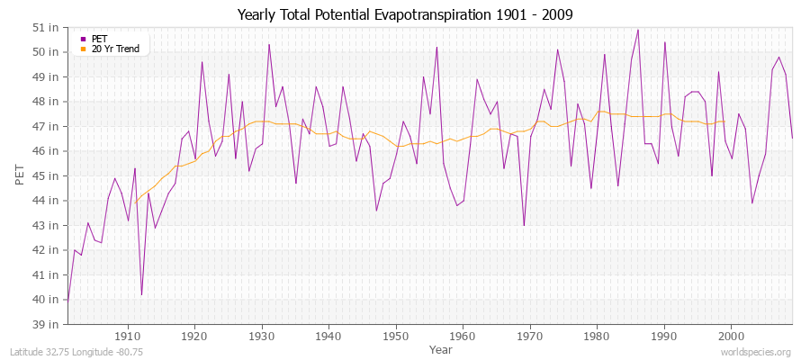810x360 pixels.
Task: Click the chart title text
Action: [405, 14]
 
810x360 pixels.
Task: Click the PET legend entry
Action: [99, 39]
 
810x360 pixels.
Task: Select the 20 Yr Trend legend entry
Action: [115, 49]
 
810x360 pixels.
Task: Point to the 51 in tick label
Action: [48, 27]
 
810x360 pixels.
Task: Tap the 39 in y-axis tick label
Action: [48, 324]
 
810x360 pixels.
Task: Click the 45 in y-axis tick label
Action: [48, 175]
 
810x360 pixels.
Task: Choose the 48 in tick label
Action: [48, 101]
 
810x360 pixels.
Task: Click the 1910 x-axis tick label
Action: [128, 336]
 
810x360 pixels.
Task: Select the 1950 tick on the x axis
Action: [396, 336]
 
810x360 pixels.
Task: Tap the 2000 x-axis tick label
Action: [731, 336]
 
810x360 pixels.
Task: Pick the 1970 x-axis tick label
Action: [530, 336]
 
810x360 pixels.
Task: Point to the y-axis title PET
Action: [20, 175]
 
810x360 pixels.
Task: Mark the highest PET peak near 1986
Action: [638, 30]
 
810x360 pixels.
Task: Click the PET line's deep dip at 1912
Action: [141, 294]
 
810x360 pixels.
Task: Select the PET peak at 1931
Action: [269, 44]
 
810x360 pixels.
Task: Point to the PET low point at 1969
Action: [524, 225]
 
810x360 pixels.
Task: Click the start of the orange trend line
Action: [135, 201]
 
